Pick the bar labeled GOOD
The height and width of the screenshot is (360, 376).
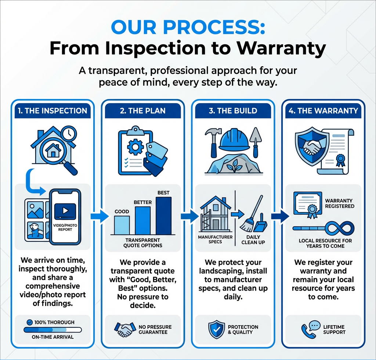tap(122, 225)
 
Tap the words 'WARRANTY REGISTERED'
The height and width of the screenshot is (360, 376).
tap(340, 203)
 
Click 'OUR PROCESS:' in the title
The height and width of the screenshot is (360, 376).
tap(188, 28)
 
